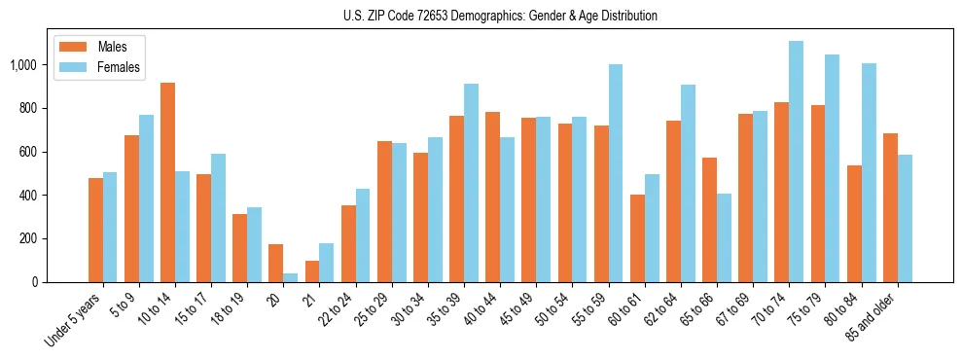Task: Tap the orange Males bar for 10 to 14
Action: [x=167, y=183]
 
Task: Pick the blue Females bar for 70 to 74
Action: [x=796, y=162]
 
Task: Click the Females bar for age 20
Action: [x=290, y=277]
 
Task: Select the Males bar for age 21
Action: [x=312, y=271]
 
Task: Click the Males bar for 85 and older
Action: [x=890, y=207]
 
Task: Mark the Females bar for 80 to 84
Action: [x=869, y=172]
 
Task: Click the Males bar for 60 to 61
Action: [x=637, y=238]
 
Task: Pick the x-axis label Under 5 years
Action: [x=74, y=322]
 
